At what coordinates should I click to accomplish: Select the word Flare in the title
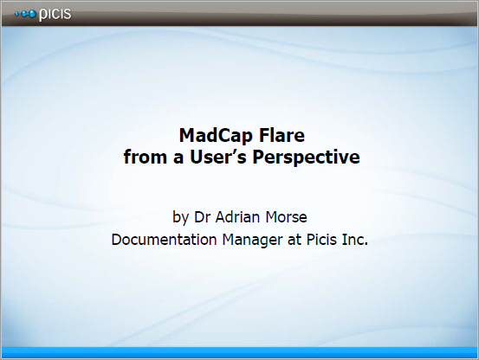tap(282, 135)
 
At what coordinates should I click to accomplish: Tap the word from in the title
tap(146, 157)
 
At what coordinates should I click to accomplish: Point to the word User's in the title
tap(218, 157)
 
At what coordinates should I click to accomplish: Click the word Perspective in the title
tap(306, 157)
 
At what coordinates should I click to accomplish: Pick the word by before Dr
tap(180, 217)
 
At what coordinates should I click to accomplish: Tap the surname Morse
tap(286, 217)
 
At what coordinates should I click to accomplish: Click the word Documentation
tap(164, 239)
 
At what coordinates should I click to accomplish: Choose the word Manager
tap(252, 241)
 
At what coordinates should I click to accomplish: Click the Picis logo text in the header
tap(55, 15)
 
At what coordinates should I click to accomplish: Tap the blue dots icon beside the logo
tap(25, 14)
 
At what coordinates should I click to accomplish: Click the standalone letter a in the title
tap(178, 158)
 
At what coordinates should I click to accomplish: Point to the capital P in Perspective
tap(258, 157)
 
